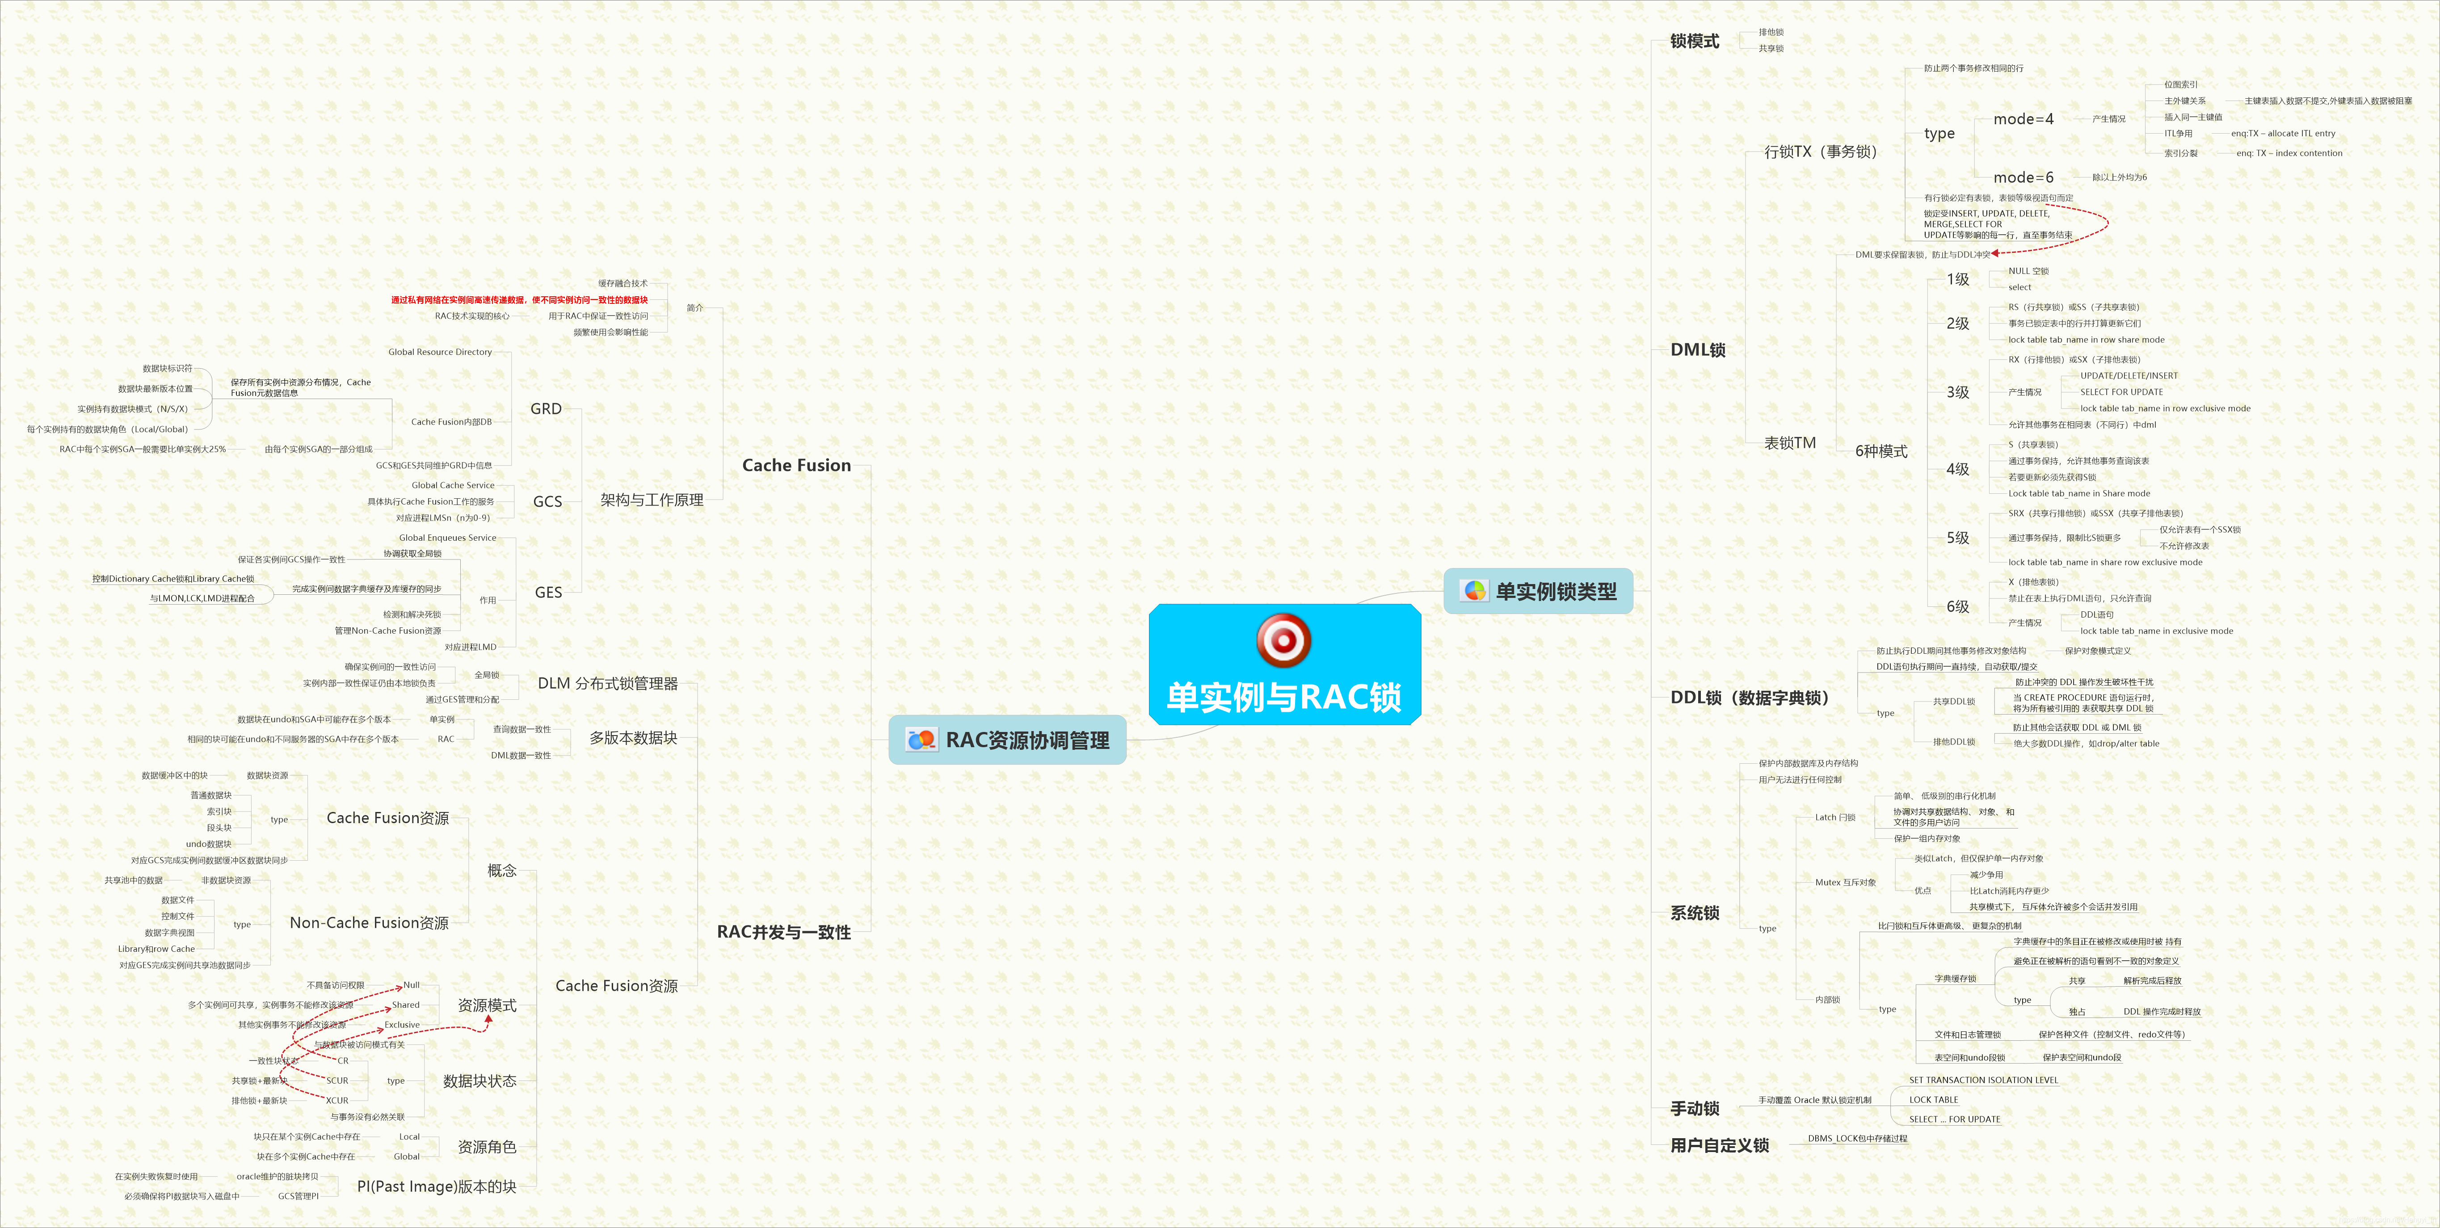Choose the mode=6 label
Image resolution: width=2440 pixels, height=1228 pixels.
tap(2023, 177)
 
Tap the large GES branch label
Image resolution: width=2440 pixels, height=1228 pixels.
tap(548, 592)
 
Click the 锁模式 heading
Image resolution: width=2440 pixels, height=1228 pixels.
tap(1695, 41)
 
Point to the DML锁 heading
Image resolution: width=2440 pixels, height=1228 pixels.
tap(1697, 349)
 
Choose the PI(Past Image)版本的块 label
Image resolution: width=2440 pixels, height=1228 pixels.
tap(437, 1186)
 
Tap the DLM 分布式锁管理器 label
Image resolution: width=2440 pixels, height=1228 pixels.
tap(607, 683)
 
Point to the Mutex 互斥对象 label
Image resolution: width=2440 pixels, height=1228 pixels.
tap(1844, 882)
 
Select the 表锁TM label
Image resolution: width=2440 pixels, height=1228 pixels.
tap(1789, 442)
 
